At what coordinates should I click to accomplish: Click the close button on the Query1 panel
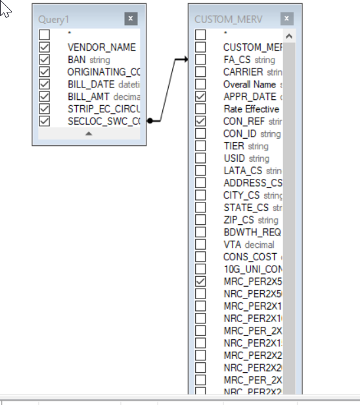click(131, 19)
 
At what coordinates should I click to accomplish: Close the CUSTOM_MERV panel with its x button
click(286, 19)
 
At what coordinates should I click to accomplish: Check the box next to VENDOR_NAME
click(45, 47)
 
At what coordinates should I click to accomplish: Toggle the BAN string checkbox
click(45, 60)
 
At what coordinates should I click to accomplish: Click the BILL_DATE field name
click(91, 84)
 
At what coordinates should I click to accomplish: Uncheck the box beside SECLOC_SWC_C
click(45, 121)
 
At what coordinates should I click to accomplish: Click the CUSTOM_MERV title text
click(228, 20)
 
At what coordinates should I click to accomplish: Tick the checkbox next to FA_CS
click(200, 60)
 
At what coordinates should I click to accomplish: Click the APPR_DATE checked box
click(200, 97)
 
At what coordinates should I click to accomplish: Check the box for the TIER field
click(200, 146)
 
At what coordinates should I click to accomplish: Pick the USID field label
click(235, 158)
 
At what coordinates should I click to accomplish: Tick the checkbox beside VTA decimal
click(200, 245)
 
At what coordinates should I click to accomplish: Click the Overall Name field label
click(250, 84)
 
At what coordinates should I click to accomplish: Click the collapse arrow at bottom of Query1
click(89, 133)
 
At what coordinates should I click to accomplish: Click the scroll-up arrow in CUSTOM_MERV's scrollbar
click(289, 36)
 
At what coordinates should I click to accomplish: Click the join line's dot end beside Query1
click(150, 121)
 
